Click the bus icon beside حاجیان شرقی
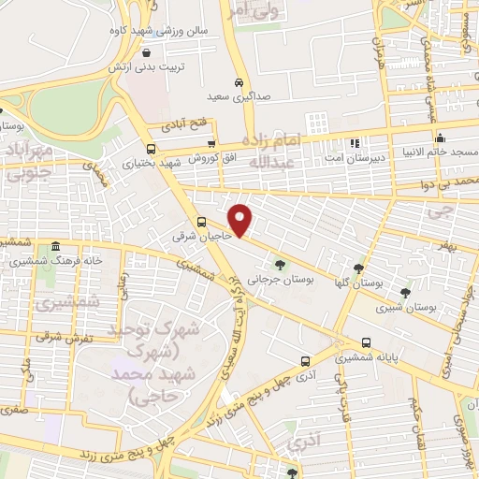pos(202,222)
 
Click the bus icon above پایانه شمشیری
pos(366,343)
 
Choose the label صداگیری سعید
pos(239,95)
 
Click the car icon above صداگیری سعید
pos(239,81)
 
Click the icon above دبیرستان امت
pos(355,143)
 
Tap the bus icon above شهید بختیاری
pos(152,149)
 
